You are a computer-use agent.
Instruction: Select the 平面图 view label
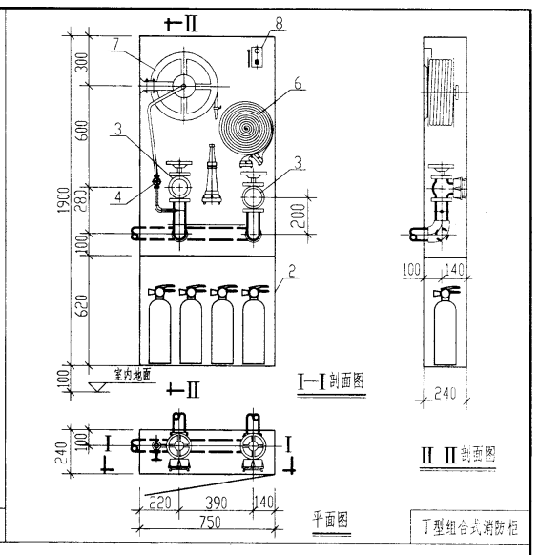(x=327, y=519)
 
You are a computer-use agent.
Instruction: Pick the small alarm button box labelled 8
(x=256, y=55)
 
